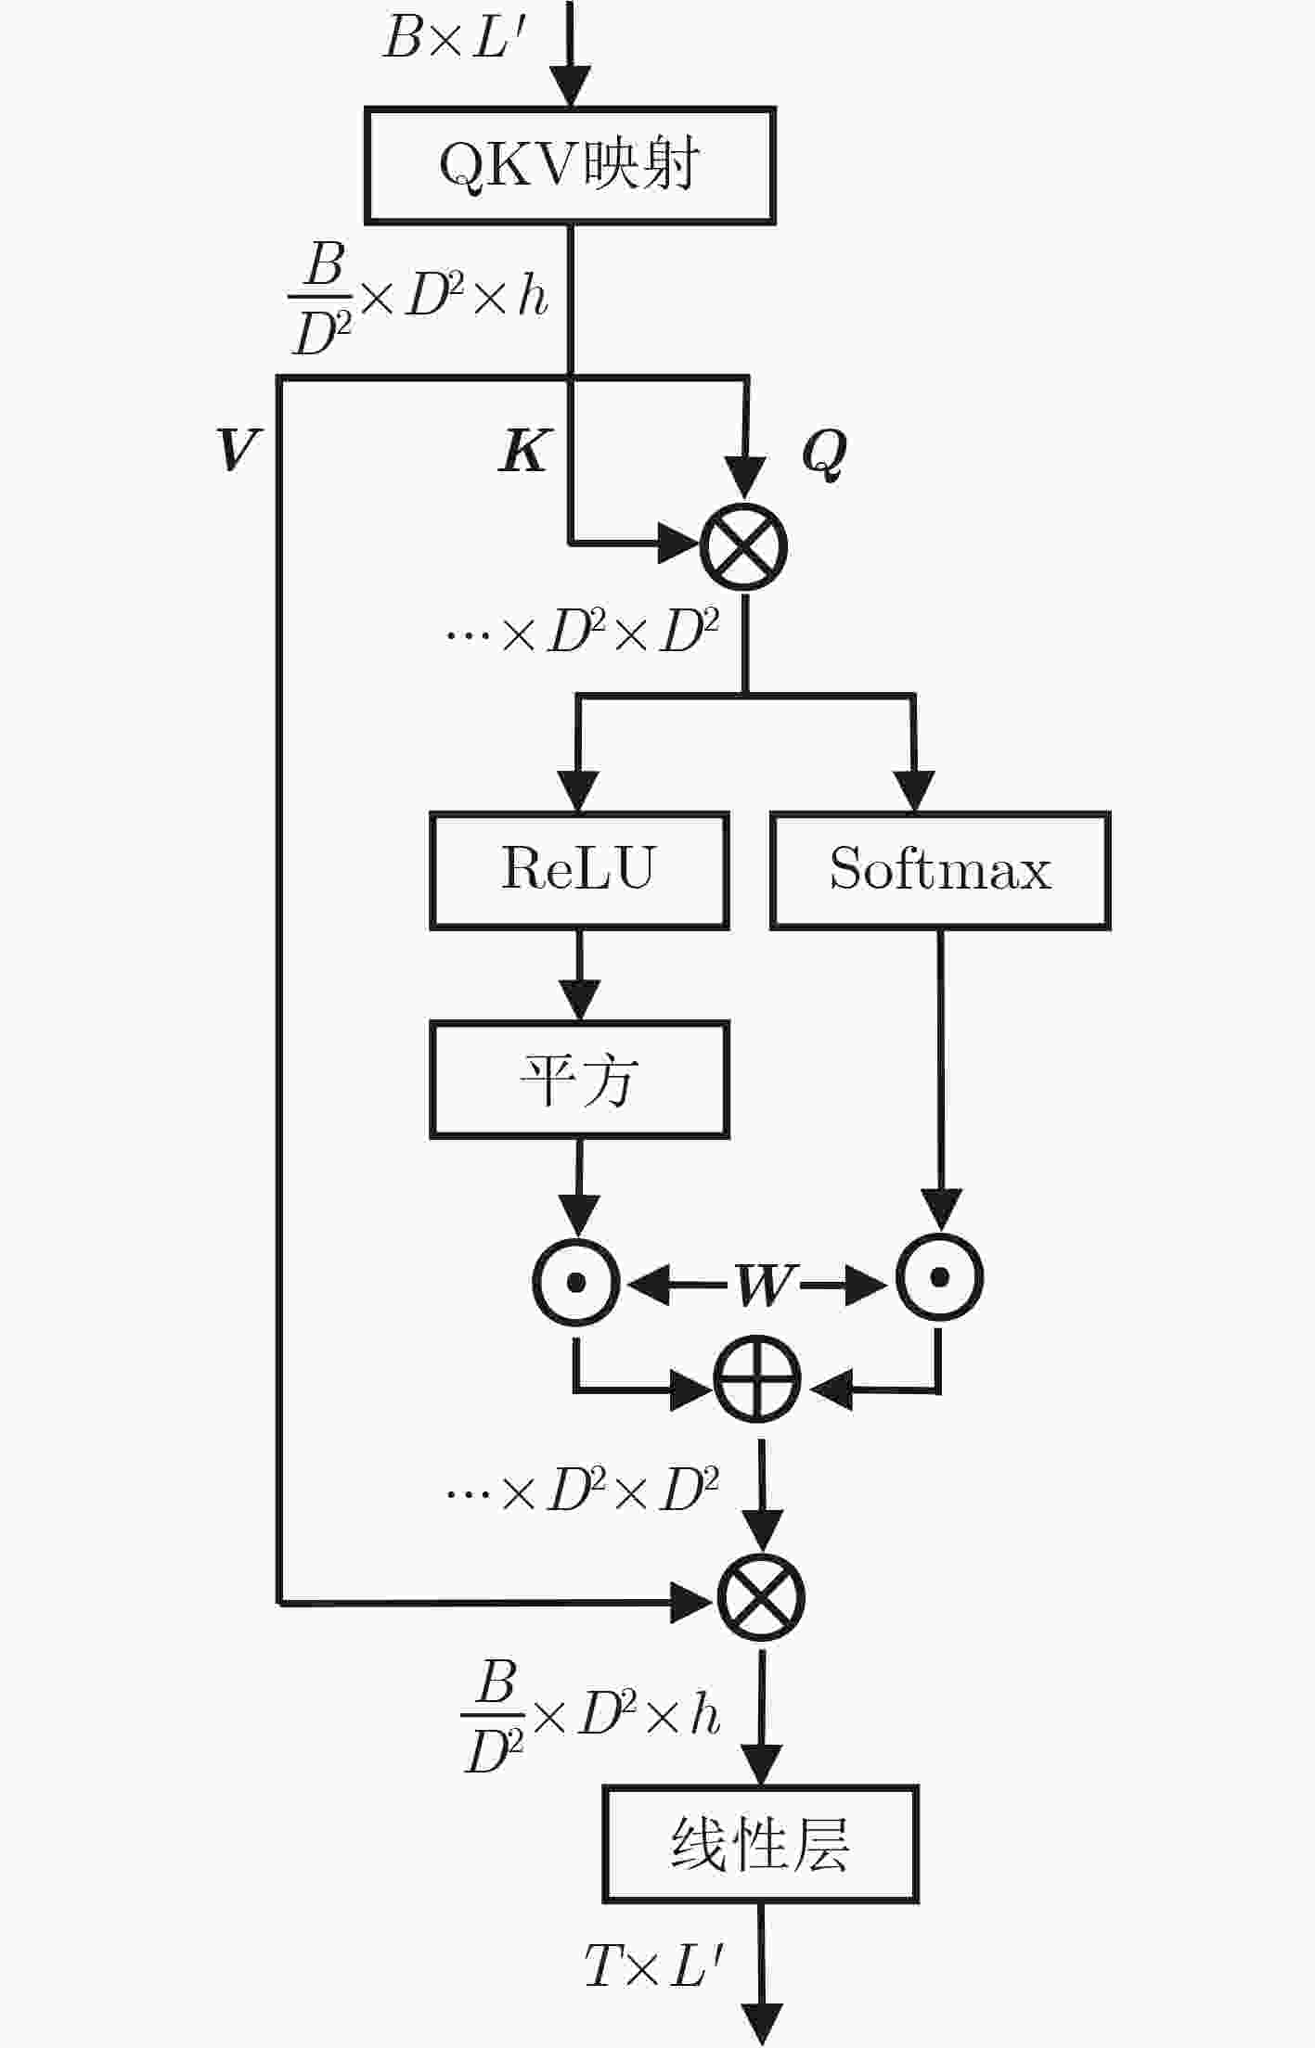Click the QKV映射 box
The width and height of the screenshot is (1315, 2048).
[570, 166]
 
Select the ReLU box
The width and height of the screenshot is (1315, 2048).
[579, 870]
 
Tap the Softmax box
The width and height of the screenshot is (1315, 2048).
[940, 870]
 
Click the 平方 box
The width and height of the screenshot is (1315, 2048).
[579, 1080]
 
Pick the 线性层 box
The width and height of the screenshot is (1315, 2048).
[760, 1844]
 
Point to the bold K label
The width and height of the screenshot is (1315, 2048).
[525, 451]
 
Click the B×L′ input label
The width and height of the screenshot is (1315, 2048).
[455, 40]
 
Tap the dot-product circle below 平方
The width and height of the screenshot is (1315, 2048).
[575, 1283]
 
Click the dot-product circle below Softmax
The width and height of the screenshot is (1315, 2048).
[939, 1277]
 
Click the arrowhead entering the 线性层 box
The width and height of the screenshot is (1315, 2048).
[761, 1764]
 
